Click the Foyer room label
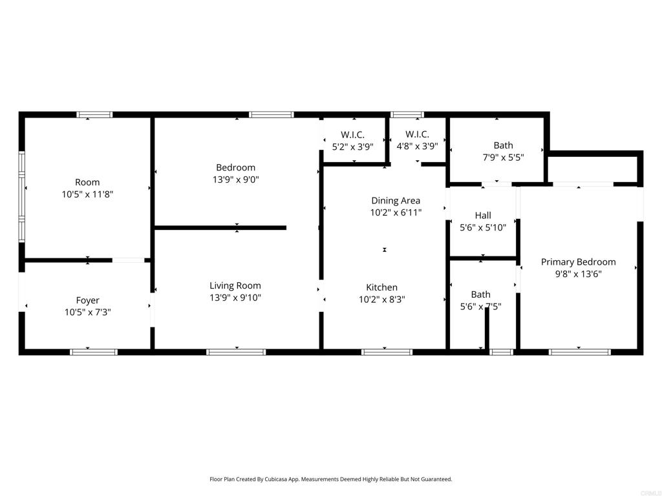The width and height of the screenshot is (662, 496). coord(88,300)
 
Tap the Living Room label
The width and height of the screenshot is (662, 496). coord(235,285)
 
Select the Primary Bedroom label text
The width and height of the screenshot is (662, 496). coord(578,262)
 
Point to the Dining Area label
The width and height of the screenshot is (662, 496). coord(396,200)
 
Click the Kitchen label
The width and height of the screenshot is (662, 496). coord(382,287)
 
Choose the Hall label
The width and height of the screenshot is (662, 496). coord(483,215)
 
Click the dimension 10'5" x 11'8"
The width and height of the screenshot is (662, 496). coord(88,194)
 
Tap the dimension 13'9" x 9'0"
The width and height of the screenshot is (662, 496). coord(235,180)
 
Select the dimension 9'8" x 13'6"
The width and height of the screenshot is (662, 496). coord(578,274)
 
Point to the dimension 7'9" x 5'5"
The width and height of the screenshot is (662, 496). coord(503,158)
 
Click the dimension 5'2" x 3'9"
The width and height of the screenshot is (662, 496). coord(353,146)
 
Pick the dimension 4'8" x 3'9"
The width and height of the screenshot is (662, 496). coord(417,146)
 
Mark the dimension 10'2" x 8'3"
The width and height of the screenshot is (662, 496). coord(382,299)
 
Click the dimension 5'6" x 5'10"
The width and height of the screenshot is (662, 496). coord(483,227)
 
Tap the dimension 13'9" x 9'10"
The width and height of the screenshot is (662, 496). coord(235,298)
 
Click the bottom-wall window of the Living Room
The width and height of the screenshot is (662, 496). coord(236,352)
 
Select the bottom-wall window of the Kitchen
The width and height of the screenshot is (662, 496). coord(387,352)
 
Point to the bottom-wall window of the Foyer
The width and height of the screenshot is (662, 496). coord(94,352)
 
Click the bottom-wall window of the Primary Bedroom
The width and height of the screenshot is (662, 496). coord(579,352)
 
